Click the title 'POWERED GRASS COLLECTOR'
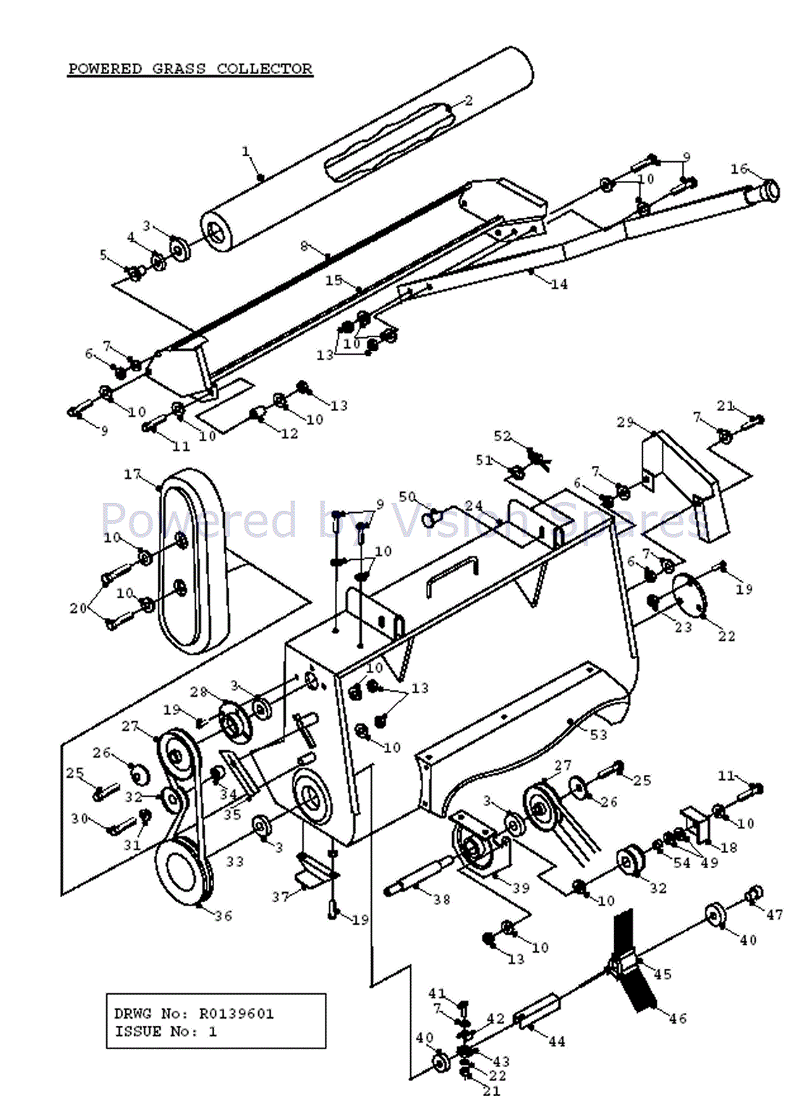click(x=190, y=69)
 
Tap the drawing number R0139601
click(x=237, y=1014)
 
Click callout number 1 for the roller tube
click(x=245, y=151)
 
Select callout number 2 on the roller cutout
click(x=468, y=101)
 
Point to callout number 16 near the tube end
click(x=739, y=169)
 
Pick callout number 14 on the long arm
click(x=559, y=284)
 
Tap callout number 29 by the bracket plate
click(x=625, y=422)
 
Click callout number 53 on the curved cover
click(x=598, y=735)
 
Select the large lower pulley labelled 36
click(x=183, y=872)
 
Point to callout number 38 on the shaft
click(x=442, y=899)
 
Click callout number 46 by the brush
click(x=678, y=1019)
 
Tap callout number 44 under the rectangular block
click(x=556, y=1042)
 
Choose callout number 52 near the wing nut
click(x=503, y=436)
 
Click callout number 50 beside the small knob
click(x=407, y=497)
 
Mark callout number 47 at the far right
click(x=775, y=914)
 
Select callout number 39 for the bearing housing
click(x=521, y=888)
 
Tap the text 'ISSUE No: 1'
click(x=166, y=1032)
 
